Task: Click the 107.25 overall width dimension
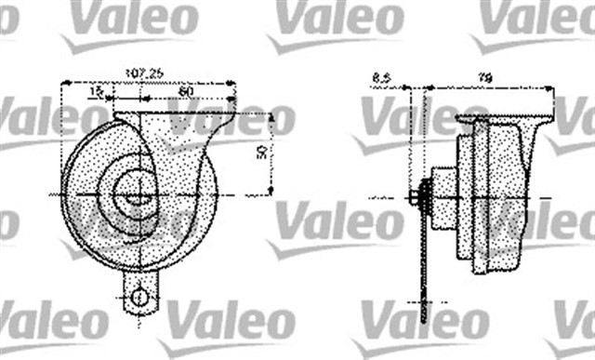tap(146, 71)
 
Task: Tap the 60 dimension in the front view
tap(186, 91)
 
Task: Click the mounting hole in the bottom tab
tap(139, 297)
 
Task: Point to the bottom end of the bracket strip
tap(425, 317)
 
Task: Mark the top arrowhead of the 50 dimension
tap(271, 116)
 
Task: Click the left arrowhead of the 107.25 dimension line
tap(63, 82)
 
